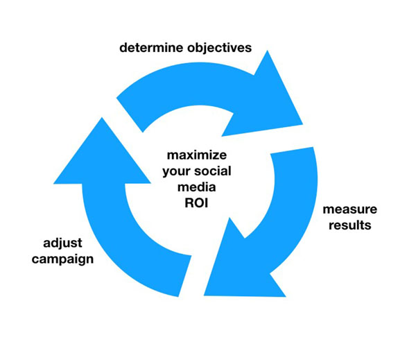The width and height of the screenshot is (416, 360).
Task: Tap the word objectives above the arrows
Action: (x=219, y=49)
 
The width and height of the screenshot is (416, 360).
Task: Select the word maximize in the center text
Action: (x=197, y=155)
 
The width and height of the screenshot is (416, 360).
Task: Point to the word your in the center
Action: (x=175, y=172)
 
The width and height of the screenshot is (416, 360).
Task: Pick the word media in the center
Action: (x=197, y=187)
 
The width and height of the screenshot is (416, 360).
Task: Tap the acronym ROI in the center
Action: (x=196, y=203)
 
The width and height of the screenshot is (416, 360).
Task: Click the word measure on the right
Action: (x=350, y=209)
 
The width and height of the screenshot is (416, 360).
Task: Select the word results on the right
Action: (x=350, y=225)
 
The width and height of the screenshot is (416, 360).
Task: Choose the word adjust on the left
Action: (x=62, y=243)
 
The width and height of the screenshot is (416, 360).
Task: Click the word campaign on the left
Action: (x=62, y=259)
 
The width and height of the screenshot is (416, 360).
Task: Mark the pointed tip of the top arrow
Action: (x=303, y=124)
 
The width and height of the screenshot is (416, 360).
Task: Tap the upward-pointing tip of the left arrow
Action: (x=102, y=118)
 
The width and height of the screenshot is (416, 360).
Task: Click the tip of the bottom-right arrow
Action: (x=204, y=295)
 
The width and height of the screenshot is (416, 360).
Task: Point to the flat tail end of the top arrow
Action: (x=130, y=115)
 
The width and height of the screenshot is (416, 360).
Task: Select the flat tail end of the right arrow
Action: (x=292, y=151)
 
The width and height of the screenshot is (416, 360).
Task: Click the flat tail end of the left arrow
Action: (x=185, y=276)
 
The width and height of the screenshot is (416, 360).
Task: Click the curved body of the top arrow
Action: (x=191, y=84)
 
